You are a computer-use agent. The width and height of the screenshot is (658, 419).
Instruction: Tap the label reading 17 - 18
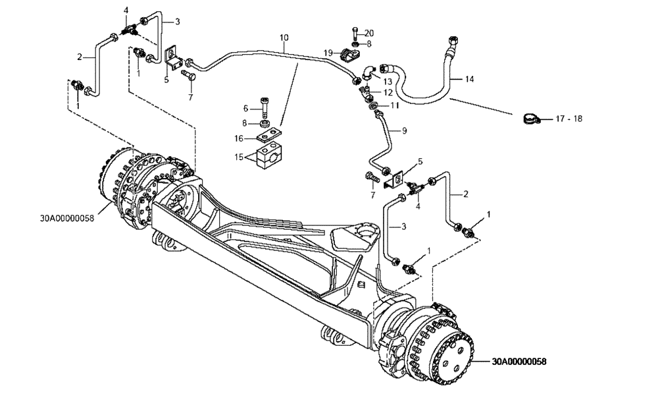coord(569,119)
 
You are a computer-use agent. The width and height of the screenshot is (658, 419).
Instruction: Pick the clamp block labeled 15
coord(270,158)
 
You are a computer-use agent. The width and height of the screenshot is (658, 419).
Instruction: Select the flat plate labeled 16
coord(266,138)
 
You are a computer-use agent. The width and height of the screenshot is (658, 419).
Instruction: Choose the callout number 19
coord(327,52)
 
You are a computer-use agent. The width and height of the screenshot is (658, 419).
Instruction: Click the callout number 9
coord(404,130)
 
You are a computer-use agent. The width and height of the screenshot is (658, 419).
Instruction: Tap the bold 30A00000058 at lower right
coord(520,361)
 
